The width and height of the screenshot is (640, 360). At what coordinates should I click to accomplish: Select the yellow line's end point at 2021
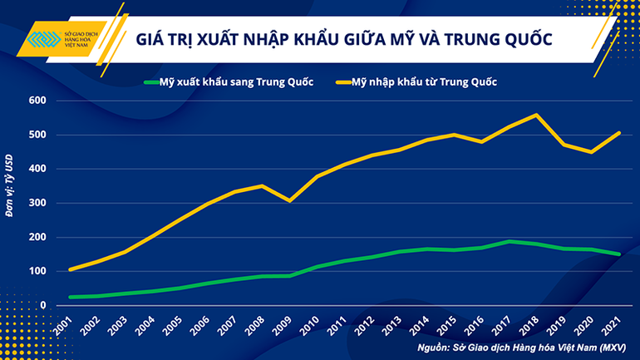pos(619,133)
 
